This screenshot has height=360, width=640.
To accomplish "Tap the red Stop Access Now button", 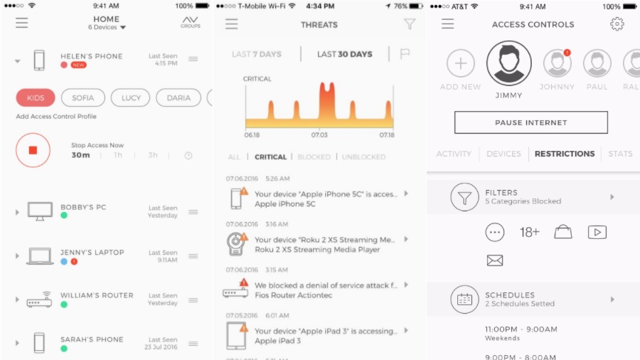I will coord(33,150).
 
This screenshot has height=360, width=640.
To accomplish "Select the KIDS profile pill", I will coord(36,97).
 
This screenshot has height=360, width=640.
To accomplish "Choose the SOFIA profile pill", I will coord(82,97).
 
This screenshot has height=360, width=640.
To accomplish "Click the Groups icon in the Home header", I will coord(190,22).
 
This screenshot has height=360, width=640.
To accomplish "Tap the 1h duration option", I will coord(118,155).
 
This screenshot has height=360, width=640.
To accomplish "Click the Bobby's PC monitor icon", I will coord(40,211).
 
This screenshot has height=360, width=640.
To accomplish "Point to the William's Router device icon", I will coord(40,300).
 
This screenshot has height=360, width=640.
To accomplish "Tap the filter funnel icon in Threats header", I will coord(410,24).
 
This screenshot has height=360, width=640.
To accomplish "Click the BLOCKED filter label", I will coord(314,157).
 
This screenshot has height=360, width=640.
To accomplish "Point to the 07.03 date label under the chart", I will coord(319,134).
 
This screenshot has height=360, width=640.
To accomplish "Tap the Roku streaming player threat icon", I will coord(235,244).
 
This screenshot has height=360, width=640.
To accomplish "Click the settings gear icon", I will coord(617,24).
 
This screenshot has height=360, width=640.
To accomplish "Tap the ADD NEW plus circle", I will coord(460,64).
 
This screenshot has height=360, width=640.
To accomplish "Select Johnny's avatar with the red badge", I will coord(557,64).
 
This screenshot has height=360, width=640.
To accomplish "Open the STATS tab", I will coord(620,154).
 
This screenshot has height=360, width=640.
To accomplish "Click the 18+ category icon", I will coord(530,232).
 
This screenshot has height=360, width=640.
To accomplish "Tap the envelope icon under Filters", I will coord(495,260).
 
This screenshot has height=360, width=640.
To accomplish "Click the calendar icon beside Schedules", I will coord(464,300).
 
